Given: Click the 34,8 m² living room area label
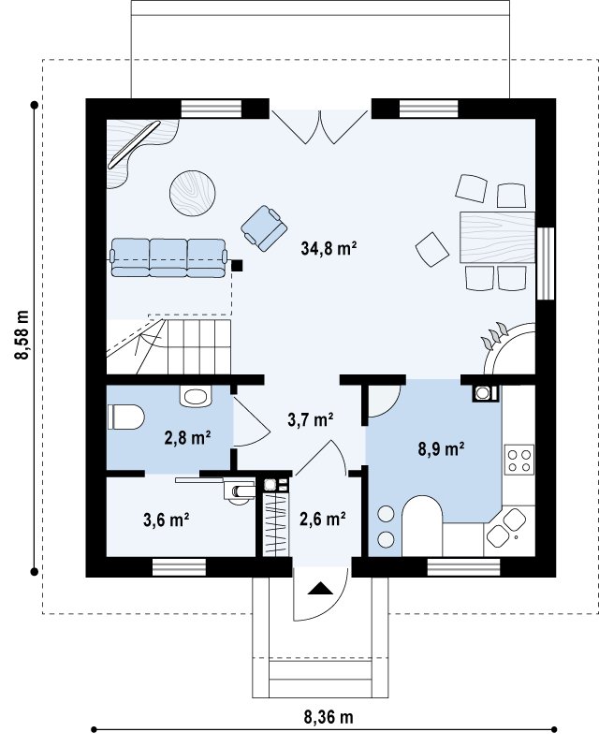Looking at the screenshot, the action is [329, 248].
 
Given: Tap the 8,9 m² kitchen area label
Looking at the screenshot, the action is [442, 448].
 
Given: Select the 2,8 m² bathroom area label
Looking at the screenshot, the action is [187, 437].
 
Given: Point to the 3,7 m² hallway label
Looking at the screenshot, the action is [310, 419].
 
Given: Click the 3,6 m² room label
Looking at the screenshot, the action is [167, 520].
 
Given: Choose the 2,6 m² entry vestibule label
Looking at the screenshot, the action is [322, 519].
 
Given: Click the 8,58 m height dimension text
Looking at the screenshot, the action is [22, 335].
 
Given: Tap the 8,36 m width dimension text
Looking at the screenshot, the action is [329, 716].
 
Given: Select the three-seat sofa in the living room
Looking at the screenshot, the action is [168, 257].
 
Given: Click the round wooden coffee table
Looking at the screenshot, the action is [193, 194].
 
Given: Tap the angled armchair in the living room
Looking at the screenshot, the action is [264, 228].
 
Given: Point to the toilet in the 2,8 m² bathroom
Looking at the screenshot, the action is [125, 417].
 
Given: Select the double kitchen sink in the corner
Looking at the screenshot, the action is [505, 529].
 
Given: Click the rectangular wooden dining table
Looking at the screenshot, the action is [498, 238].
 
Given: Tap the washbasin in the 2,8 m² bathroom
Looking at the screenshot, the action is [196, 396].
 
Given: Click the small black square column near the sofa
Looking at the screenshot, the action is [237, 265].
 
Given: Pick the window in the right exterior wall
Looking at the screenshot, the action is [546, 263].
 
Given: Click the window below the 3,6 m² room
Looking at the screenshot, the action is [179, 567].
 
